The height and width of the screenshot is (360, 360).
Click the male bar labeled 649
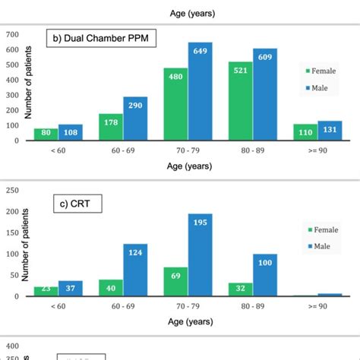point(200,91)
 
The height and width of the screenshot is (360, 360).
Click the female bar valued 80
point(46,134)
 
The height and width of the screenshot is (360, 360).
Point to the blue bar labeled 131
point(330,131)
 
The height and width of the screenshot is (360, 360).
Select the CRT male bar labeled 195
point(200,254)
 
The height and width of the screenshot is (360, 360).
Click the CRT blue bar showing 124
point(135,270)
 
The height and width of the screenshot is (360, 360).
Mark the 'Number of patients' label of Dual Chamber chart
point(29,86)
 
